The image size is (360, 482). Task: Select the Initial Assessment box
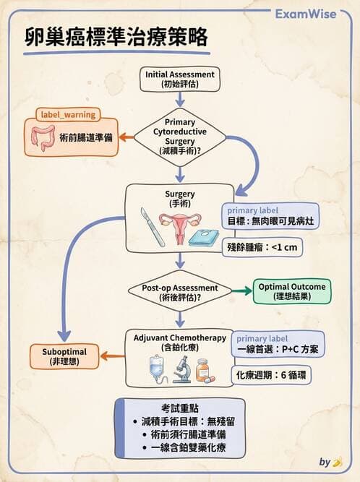click(x=180, y=79)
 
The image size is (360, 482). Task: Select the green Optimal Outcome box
click(x=291, y=291)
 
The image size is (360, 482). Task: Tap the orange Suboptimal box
click(x=64, y=355)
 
